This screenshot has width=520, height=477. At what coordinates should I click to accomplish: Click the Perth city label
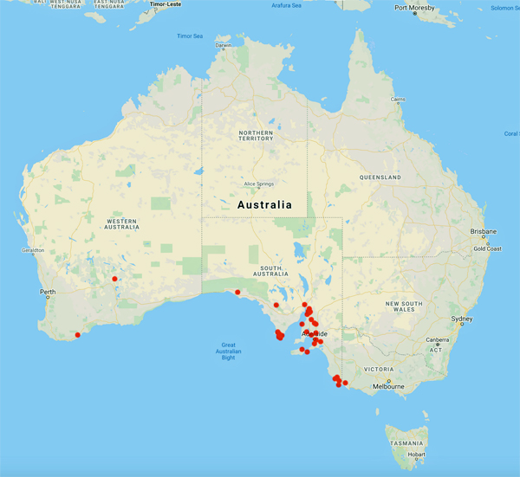point(47,292)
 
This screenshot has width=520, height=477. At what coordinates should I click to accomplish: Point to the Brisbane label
point(484,232)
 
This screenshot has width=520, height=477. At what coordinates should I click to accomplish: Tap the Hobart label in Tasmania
point(417,454)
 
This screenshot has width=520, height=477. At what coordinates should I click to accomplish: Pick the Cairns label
point(398,99)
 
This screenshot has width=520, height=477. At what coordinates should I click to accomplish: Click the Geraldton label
point(19,250)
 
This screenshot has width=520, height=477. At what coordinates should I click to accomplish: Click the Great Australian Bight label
point(228,350)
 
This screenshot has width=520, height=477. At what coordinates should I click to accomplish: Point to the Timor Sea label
point(189,36)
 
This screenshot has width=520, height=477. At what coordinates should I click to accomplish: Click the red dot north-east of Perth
point(114,279)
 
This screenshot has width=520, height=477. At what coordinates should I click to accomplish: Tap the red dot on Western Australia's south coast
point(77,335)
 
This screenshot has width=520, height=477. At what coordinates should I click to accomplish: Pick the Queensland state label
point(380,177)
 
